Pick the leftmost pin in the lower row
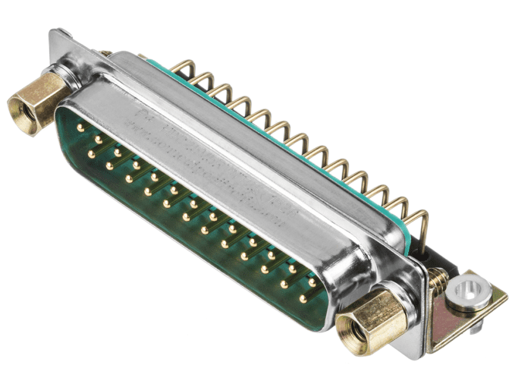pyautogui.click(x=91, y=154)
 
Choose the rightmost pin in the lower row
pyautogui.click(x=303, y=299)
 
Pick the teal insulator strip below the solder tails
pyautogui.click(x=303, y=152)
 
